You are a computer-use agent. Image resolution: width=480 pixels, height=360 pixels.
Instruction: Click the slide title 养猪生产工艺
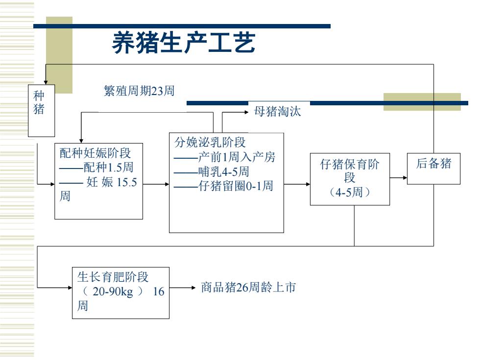183,43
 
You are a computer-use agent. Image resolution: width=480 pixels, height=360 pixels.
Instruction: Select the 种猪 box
41,111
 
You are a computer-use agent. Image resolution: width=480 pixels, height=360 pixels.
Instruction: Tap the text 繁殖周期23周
139,91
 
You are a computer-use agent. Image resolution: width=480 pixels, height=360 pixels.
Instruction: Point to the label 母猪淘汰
277,112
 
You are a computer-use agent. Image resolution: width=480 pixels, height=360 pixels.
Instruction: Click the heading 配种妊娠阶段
95,153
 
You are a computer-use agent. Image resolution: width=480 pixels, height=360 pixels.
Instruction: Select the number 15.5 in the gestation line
127,182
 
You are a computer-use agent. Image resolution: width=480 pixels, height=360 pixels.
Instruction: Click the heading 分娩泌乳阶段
210,142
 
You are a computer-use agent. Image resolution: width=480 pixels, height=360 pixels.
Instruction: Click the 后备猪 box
433,168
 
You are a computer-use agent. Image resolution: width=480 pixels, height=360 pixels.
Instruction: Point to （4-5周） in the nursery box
350,192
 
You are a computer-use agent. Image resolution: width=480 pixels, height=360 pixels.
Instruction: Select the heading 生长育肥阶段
113,277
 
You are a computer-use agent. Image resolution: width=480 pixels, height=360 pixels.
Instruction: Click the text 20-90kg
113,291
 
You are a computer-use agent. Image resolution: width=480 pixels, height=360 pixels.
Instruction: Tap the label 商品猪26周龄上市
248,287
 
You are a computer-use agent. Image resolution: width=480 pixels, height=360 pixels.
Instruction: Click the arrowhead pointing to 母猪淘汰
246,112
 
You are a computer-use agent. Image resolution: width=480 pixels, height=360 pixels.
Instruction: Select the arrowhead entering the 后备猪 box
405,177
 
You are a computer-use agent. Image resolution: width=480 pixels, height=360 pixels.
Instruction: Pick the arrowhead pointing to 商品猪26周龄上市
193,288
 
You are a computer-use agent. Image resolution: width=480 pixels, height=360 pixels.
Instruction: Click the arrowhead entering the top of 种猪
46,82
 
